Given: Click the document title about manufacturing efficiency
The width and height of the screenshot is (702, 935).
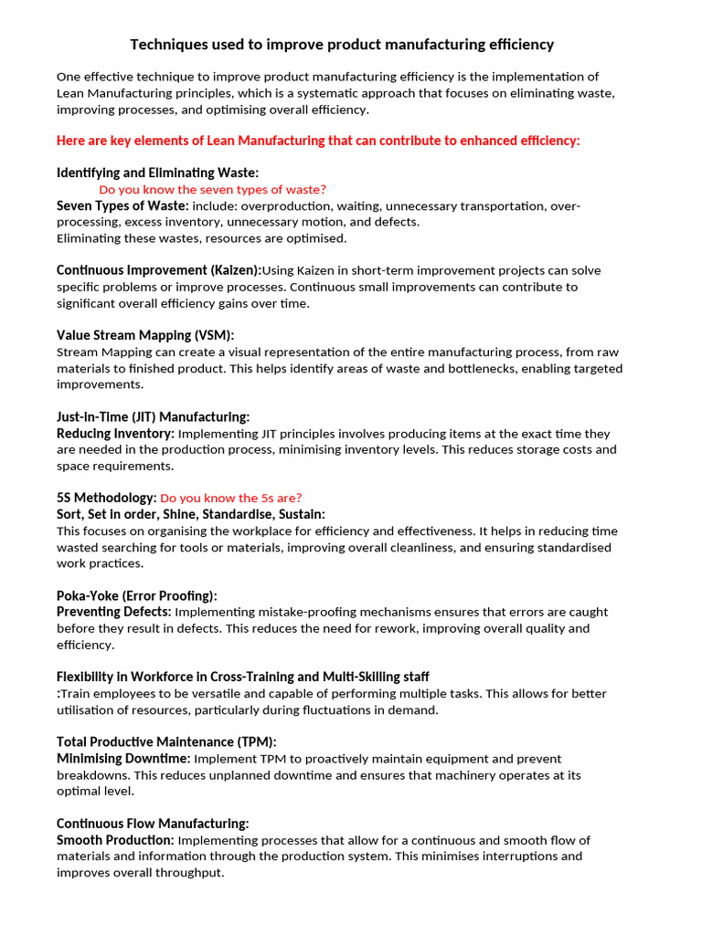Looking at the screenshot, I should coord(342,44).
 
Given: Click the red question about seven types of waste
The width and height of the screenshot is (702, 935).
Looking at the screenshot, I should coord(212,189).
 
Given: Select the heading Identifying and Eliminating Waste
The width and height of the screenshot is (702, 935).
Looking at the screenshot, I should coord(157,173).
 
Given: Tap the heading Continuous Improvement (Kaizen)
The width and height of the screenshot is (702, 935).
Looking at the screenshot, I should coord(158,270).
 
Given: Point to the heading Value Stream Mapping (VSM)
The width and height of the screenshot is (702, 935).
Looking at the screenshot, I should coord(152,335).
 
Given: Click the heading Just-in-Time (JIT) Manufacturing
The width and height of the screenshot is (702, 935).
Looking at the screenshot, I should coord(153,416).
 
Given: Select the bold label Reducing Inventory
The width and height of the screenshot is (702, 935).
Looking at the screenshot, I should coord(115,433).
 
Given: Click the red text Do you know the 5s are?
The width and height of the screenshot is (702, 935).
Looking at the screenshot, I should coord(230,498).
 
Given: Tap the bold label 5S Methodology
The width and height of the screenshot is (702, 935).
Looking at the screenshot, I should coord(106,498).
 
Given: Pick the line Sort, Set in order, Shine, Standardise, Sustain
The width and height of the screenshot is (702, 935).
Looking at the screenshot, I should coord(190,514).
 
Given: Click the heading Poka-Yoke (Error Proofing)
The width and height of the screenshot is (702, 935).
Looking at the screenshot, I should coord(137,595).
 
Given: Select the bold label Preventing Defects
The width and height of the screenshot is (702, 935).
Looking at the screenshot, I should coord(113,612).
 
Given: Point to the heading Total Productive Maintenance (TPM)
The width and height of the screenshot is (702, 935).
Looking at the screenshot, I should coord(166,741).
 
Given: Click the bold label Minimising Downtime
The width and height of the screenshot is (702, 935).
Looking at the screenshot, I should coord(123,758).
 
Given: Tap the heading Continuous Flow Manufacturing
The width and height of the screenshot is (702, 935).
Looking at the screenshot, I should coord(153,823).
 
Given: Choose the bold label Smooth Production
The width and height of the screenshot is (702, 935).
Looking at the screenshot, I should coord(115,839).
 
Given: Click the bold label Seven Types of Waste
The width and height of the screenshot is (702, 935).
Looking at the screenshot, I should coord(122,205).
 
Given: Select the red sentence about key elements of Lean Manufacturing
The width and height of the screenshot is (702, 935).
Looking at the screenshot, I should coord(318,141).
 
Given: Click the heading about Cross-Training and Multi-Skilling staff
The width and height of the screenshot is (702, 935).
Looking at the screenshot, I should coord(242,677).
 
